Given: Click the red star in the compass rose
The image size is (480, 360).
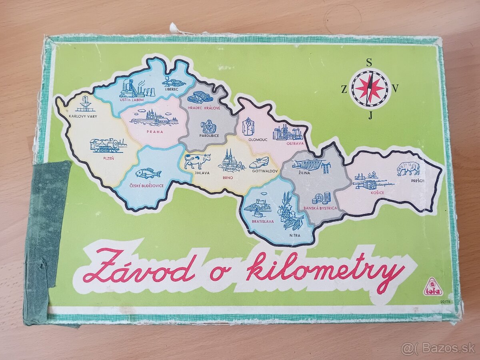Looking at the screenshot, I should pos(369,88).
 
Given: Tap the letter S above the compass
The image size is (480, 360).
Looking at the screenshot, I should pos(369,62).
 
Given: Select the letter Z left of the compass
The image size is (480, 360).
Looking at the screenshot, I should pos(344,90).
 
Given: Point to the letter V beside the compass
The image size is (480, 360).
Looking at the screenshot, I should pos(396,89).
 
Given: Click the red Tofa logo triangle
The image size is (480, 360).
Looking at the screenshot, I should pos(433,287).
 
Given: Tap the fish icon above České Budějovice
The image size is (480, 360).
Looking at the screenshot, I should pos(148,173).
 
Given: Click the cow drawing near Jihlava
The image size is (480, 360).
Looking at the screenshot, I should pos(197,160).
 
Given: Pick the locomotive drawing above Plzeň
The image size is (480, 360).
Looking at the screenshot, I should pos(105,145).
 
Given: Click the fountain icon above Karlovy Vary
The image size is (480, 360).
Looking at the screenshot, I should pos(85,104).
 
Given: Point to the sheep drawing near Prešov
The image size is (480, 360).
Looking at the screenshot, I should pos(408,168).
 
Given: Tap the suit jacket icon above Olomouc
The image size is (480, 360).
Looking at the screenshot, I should pos(249,126).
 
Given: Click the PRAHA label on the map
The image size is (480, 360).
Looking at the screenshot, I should pos(154,132).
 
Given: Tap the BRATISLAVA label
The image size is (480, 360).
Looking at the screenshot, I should pos(263,221).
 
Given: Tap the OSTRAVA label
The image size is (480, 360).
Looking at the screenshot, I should pos(295,143).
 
